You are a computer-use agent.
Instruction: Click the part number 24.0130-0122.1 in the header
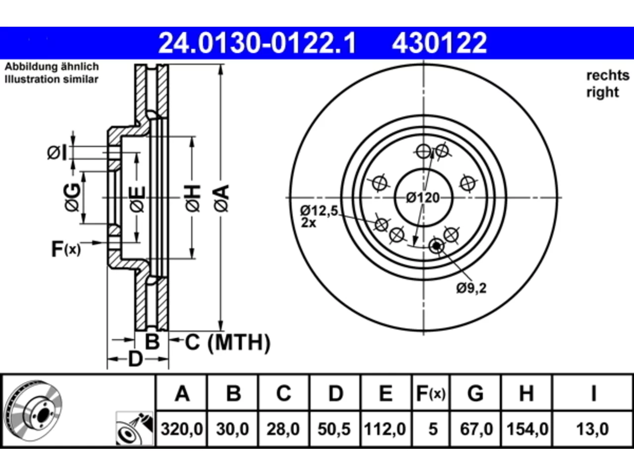(257, 43)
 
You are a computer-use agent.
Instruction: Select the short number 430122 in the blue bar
(439, 43)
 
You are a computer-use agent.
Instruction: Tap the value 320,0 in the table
(182, 429)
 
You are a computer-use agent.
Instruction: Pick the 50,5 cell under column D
(334, 429)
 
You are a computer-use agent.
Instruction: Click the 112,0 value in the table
(385, 429)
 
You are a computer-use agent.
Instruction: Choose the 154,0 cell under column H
(528, 429)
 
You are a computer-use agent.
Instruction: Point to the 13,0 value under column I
(592, 429)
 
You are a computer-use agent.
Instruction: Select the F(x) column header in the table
(431, 393)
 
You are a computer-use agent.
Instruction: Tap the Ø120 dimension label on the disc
(423, 198)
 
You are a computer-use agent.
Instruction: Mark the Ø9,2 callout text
(472, 288)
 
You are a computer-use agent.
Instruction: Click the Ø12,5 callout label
(319, 211)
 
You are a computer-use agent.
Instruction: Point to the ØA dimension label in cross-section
(221, 198)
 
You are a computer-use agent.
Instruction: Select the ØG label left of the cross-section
(72, 197)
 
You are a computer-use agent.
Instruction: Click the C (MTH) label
(228, 342)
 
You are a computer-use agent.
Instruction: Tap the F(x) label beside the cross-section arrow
(66, 249)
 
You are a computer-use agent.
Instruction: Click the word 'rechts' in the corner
(608, 76)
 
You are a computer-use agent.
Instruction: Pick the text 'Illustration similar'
(52, 79)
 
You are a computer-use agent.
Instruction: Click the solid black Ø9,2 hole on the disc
(436, 246)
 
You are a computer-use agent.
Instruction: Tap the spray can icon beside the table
(135, 428)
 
